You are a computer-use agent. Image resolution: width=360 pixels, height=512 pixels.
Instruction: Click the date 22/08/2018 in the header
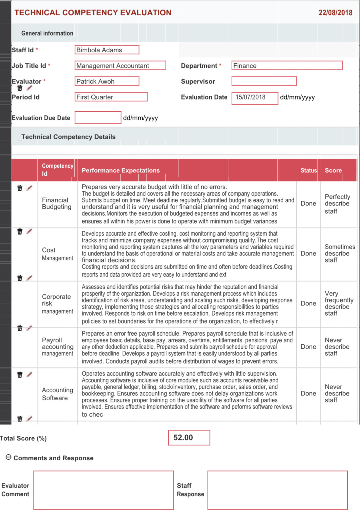point(335,13)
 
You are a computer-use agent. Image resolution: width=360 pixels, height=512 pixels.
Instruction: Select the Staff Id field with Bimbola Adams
point(107,50)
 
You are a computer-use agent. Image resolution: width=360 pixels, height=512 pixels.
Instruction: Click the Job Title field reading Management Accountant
point(120,65)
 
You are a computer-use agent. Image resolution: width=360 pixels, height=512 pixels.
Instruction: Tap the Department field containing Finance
point(287,65)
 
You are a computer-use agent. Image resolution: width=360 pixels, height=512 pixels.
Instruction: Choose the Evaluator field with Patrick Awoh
point(107,81)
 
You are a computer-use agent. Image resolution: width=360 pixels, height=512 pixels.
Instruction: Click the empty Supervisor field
point(264,81)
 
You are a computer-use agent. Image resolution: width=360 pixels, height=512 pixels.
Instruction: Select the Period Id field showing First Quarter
point(111,97)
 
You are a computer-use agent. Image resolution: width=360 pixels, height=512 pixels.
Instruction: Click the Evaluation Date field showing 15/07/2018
point(255,97)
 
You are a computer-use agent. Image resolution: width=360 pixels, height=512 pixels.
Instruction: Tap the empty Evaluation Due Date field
point(98,118)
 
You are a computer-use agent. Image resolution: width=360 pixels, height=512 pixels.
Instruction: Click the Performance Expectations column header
point(121,170)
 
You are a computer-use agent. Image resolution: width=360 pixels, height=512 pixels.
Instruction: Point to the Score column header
point(333,170)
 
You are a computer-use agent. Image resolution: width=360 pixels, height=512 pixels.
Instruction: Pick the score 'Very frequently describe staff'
point(339,303)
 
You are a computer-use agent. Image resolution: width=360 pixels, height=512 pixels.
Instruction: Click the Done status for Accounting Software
point(308,393)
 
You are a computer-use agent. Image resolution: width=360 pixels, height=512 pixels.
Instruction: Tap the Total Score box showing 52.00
point(189,438)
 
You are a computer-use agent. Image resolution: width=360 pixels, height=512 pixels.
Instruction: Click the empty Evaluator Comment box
point(103,490)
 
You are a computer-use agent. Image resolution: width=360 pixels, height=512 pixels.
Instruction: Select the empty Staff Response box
point(277,490)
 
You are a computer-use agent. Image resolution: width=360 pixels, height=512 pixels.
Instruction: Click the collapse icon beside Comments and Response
point(8,457)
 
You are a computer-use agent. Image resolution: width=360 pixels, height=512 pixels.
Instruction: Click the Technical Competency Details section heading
point(68,137)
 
